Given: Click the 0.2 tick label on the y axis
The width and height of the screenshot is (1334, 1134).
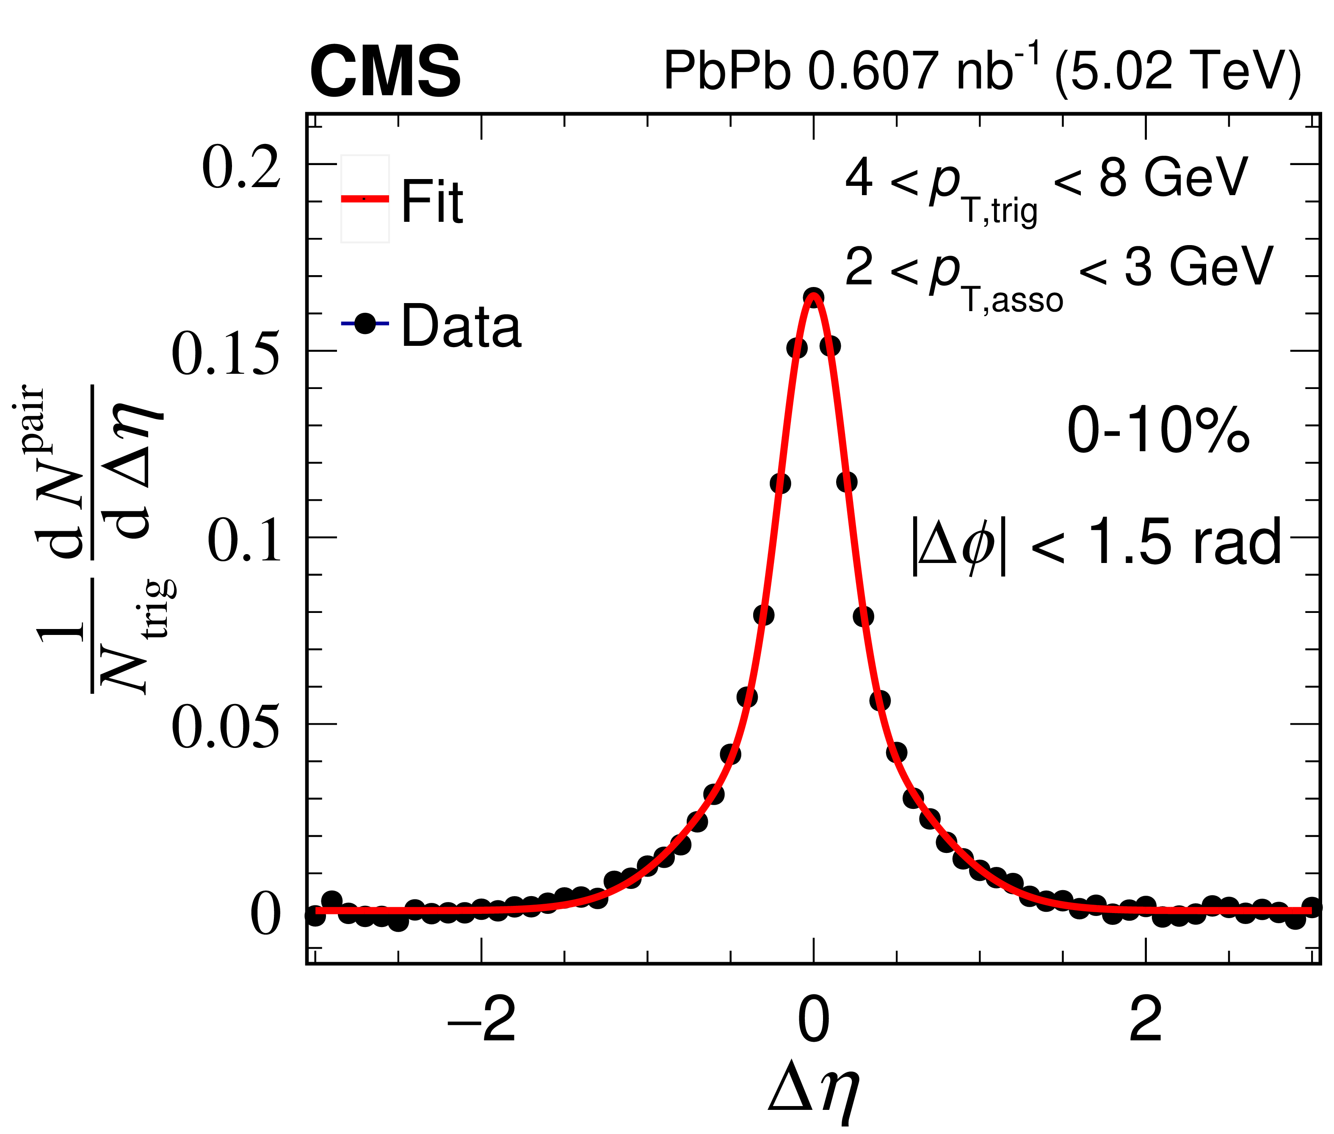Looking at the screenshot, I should (x=241, y=168).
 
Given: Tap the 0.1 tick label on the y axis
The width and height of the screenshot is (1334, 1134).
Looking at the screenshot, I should (x=244, y=541).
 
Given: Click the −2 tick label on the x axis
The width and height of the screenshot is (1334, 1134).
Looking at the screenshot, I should (x=481, y=1021).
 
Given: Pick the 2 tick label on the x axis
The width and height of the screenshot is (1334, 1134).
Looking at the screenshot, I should (x=1146, y=1021).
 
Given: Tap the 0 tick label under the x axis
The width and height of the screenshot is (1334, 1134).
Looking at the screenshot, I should (x=813, y=1021).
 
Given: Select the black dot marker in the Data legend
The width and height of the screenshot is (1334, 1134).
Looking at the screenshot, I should (x=365, y=323).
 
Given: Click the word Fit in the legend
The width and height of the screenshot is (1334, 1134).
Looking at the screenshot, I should (x=432, y=202).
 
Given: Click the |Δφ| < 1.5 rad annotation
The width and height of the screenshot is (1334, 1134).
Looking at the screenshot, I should (x=1096, y=543).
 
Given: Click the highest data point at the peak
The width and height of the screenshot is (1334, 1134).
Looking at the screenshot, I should (x=813, y=298).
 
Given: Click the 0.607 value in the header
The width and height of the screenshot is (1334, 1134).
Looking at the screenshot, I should (x=872, y=71).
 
